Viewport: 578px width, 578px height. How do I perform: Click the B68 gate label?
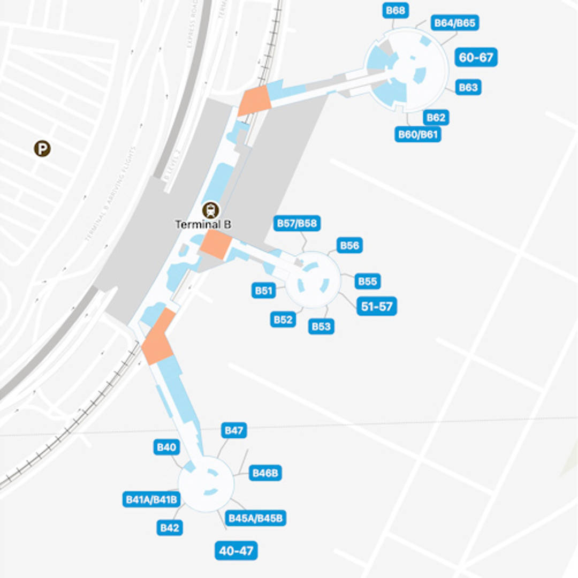pyautogui.click(x=396, y=10)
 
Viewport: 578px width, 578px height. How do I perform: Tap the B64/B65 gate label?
pyautogui.click(x=455, y=23)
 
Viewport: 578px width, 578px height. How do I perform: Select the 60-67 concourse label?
pyautogui.click(x=476, y=57)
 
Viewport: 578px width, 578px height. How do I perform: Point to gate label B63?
pyautogui.click(x=468, y=87)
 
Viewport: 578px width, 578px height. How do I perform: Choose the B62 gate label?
pyautogui.click(x=436, y=117)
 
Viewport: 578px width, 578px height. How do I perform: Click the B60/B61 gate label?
pyautogui.click(x=419, y=134)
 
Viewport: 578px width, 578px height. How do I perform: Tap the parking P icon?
pyautogui.click(x=42, y=148)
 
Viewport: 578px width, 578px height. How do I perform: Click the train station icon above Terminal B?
pyautogui.click(x=211, y=209)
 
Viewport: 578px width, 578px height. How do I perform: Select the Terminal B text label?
pyautogui.click(x=203, y=224)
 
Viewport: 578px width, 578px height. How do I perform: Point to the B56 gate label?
pyautogui.click(x=349, y=245)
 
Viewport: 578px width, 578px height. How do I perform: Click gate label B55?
pyautogui.click(x=367, y=281)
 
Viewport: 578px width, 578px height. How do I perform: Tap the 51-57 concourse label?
pyautogui.click(x=377, y=307)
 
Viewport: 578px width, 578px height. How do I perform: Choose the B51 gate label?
pyautogui.click(x=264, y=291)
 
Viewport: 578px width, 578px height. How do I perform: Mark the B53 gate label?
pyautogui.click(x=321, y=326)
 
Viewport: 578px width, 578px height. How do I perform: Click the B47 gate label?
pyautogui.click(x=234, y=430)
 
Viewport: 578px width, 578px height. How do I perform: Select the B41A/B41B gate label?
pyautogui.click(x=151, y=499)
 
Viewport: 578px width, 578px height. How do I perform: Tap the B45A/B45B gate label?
pyautogui.click(x=256, y=518)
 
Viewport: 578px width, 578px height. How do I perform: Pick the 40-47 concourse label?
pyautogui.click(x=236, y=550)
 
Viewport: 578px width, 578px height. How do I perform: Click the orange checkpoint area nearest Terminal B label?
pyautogui.click(x=215, y=245)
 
